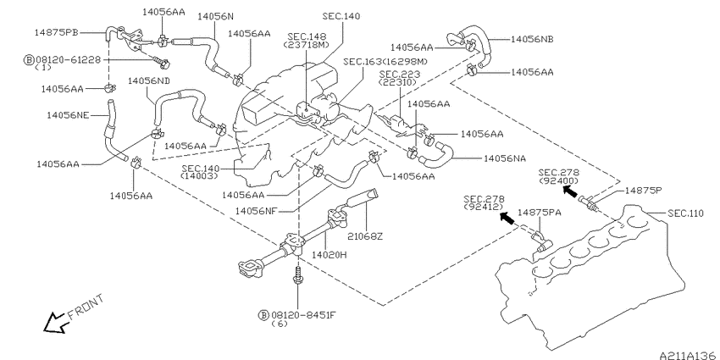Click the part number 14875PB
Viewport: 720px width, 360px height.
57,32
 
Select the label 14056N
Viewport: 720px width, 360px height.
215,17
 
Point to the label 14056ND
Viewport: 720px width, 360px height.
149,80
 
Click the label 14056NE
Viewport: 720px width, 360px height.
68,115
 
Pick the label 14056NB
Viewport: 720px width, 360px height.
532,40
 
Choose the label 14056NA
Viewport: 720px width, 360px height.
505,158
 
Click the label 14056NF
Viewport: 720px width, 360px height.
256,211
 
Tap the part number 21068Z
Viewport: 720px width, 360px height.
365,236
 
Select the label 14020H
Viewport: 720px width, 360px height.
330,254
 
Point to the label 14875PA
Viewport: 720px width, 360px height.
540,213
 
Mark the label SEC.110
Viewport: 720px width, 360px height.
685,213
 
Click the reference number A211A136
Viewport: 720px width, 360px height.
688,356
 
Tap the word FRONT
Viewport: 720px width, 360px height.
86,307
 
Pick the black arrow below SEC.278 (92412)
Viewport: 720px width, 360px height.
507,218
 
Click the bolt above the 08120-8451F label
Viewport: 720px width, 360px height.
298,276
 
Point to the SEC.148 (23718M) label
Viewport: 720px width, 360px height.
307,41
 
